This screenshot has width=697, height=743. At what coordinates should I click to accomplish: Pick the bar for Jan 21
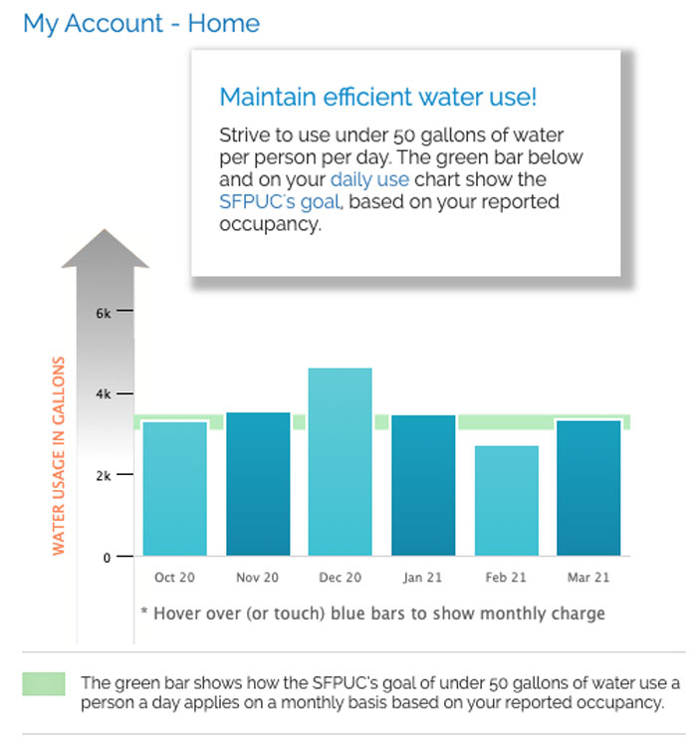(423, 485)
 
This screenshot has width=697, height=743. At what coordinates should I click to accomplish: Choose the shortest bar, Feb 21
(506, 500)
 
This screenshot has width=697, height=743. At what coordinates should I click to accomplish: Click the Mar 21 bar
(588, 487)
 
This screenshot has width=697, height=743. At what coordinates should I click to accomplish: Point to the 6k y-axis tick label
(104, 313)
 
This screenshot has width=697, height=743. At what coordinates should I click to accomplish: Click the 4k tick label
(104, 394)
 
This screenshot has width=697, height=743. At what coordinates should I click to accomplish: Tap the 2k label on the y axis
(104, 476)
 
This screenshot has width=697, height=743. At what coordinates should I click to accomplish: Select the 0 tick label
(107, 558)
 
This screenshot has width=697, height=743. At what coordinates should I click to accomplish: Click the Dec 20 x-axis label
(341, 578)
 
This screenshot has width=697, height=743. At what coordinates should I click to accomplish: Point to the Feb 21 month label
(506, 578)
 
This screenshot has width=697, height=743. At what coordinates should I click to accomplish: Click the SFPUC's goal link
(280, 202)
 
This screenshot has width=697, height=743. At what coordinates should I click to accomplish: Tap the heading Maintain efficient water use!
(377, 98)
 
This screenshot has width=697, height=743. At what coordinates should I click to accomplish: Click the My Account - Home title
(141, 23)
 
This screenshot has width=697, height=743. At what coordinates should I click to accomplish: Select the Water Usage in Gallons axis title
(59, 455)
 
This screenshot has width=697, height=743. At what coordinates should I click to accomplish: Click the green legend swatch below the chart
(44, 684)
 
